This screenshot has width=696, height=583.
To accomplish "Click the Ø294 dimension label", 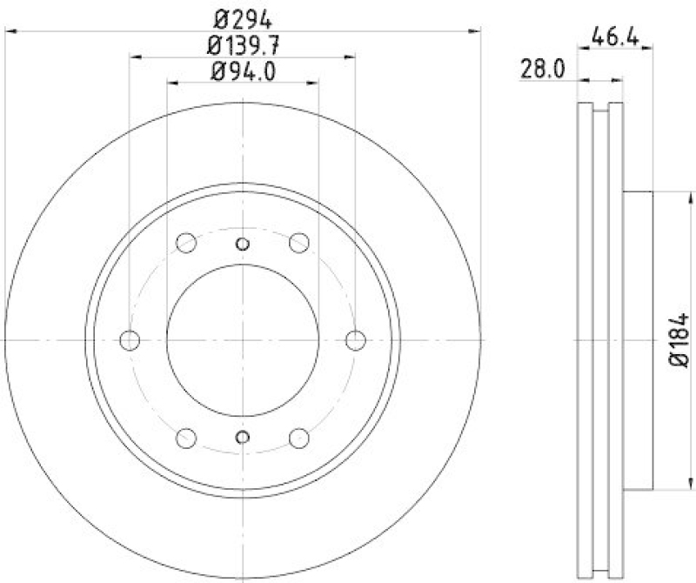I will [244, 17].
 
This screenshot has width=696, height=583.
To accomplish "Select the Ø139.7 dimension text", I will [244, 44].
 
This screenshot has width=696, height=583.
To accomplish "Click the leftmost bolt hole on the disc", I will [130, 340].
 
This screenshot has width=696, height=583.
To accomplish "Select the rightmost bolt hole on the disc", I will [355, 340].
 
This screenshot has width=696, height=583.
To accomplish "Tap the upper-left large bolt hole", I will [185, 243].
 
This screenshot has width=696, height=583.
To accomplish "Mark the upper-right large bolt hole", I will [300, 243].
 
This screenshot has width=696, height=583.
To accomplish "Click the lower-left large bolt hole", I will [185, 438].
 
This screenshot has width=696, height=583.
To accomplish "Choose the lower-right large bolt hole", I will [300, 438].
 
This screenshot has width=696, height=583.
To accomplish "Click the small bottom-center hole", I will [243, 437].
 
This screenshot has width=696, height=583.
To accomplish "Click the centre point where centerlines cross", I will [243, 340].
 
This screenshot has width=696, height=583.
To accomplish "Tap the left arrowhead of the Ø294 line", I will [10, 30].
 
